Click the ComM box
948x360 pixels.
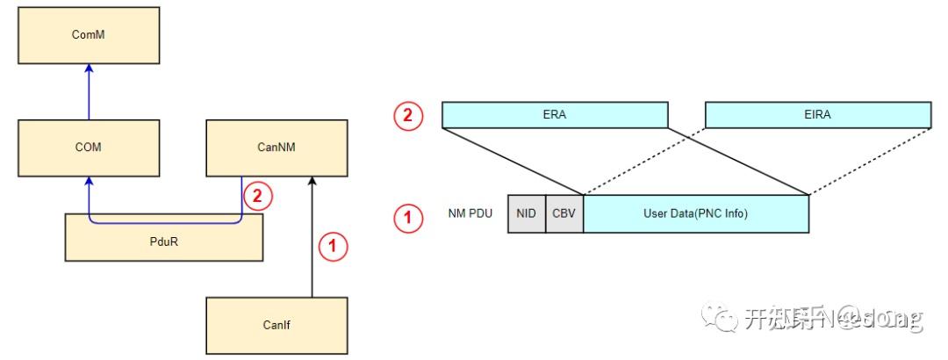[88, 36]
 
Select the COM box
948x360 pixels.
[88, 148]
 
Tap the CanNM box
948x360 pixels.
[276, 148]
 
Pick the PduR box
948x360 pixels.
[164, 236]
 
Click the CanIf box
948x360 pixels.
[276, 325]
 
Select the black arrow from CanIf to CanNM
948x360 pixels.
[311, 237]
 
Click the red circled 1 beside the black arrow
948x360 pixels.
[333, 247]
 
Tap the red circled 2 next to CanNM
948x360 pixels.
[255, 196]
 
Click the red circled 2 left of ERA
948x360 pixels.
[408, 115]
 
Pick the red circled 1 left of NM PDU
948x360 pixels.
[408, 214]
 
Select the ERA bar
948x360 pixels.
[555, 115]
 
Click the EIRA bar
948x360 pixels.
[817, 115]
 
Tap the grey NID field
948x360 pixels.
[526, 214]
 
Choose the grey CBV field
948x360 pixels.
[564, 214]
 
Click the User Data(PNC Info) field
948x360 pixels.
[695, 214]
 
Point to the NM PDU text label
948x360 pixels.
[469, 214]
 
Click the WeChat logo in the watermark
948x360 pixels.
[725, 318]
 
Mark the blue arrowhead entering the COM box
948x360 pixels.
[88, 182]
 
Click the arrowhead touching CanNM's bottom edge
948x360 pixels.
[311, 182]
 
